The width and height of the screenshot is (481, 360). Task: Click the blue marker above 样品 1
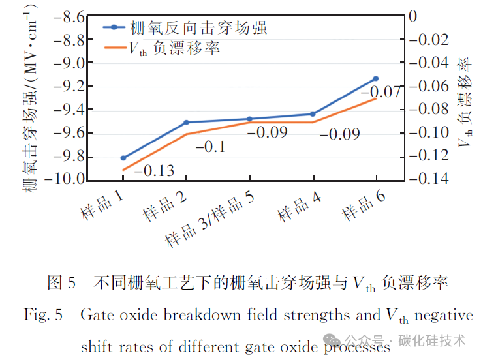[x=123, y=158]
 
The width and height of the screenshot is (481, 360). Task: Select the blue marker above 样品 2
[x=186, y=123]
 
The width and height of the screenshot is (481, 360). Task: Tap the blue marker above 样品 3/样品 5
[x=250, y=119]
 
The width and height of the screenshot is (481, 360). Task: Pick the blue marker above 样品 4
[x=313, y=114]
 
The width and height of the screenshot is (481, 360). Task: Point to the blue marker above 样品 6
[x=376, y=79]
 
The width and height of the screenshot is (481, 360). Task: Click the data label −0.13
[x=154, y=170]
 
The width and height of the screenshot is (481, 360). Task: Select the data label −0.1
[x=210, y=147]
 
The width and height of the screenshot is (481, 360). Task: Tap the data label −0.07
[x=381, y=92]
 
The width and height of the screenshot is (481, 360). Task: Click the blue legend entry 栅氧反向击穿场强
[x=185, y=28]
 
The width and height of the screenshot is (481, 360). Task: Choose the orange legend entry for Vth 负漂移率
[x=162, y=48]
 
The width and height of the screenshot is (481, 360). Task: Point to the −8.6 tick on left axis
[x=69, y=16]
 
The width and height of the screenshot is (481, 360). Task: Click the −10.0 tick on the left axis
[x=65, y=179]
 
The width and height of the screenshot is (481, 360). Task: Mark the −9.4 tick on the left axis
[x=69, y=110]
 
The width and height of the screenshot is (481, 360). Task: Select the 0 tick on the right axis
[x=413, y=16]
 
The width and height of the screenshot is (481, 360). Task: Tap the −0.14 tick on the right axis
[x=429, y=178]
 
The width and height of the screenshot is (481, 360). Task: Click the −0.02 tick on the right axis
[x=429, y=40]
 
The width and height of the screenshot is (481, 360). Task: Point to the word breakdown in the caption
[x=202, y=314]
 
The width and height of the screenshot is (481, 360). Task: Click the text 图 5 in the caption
[x=61, y=282]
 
